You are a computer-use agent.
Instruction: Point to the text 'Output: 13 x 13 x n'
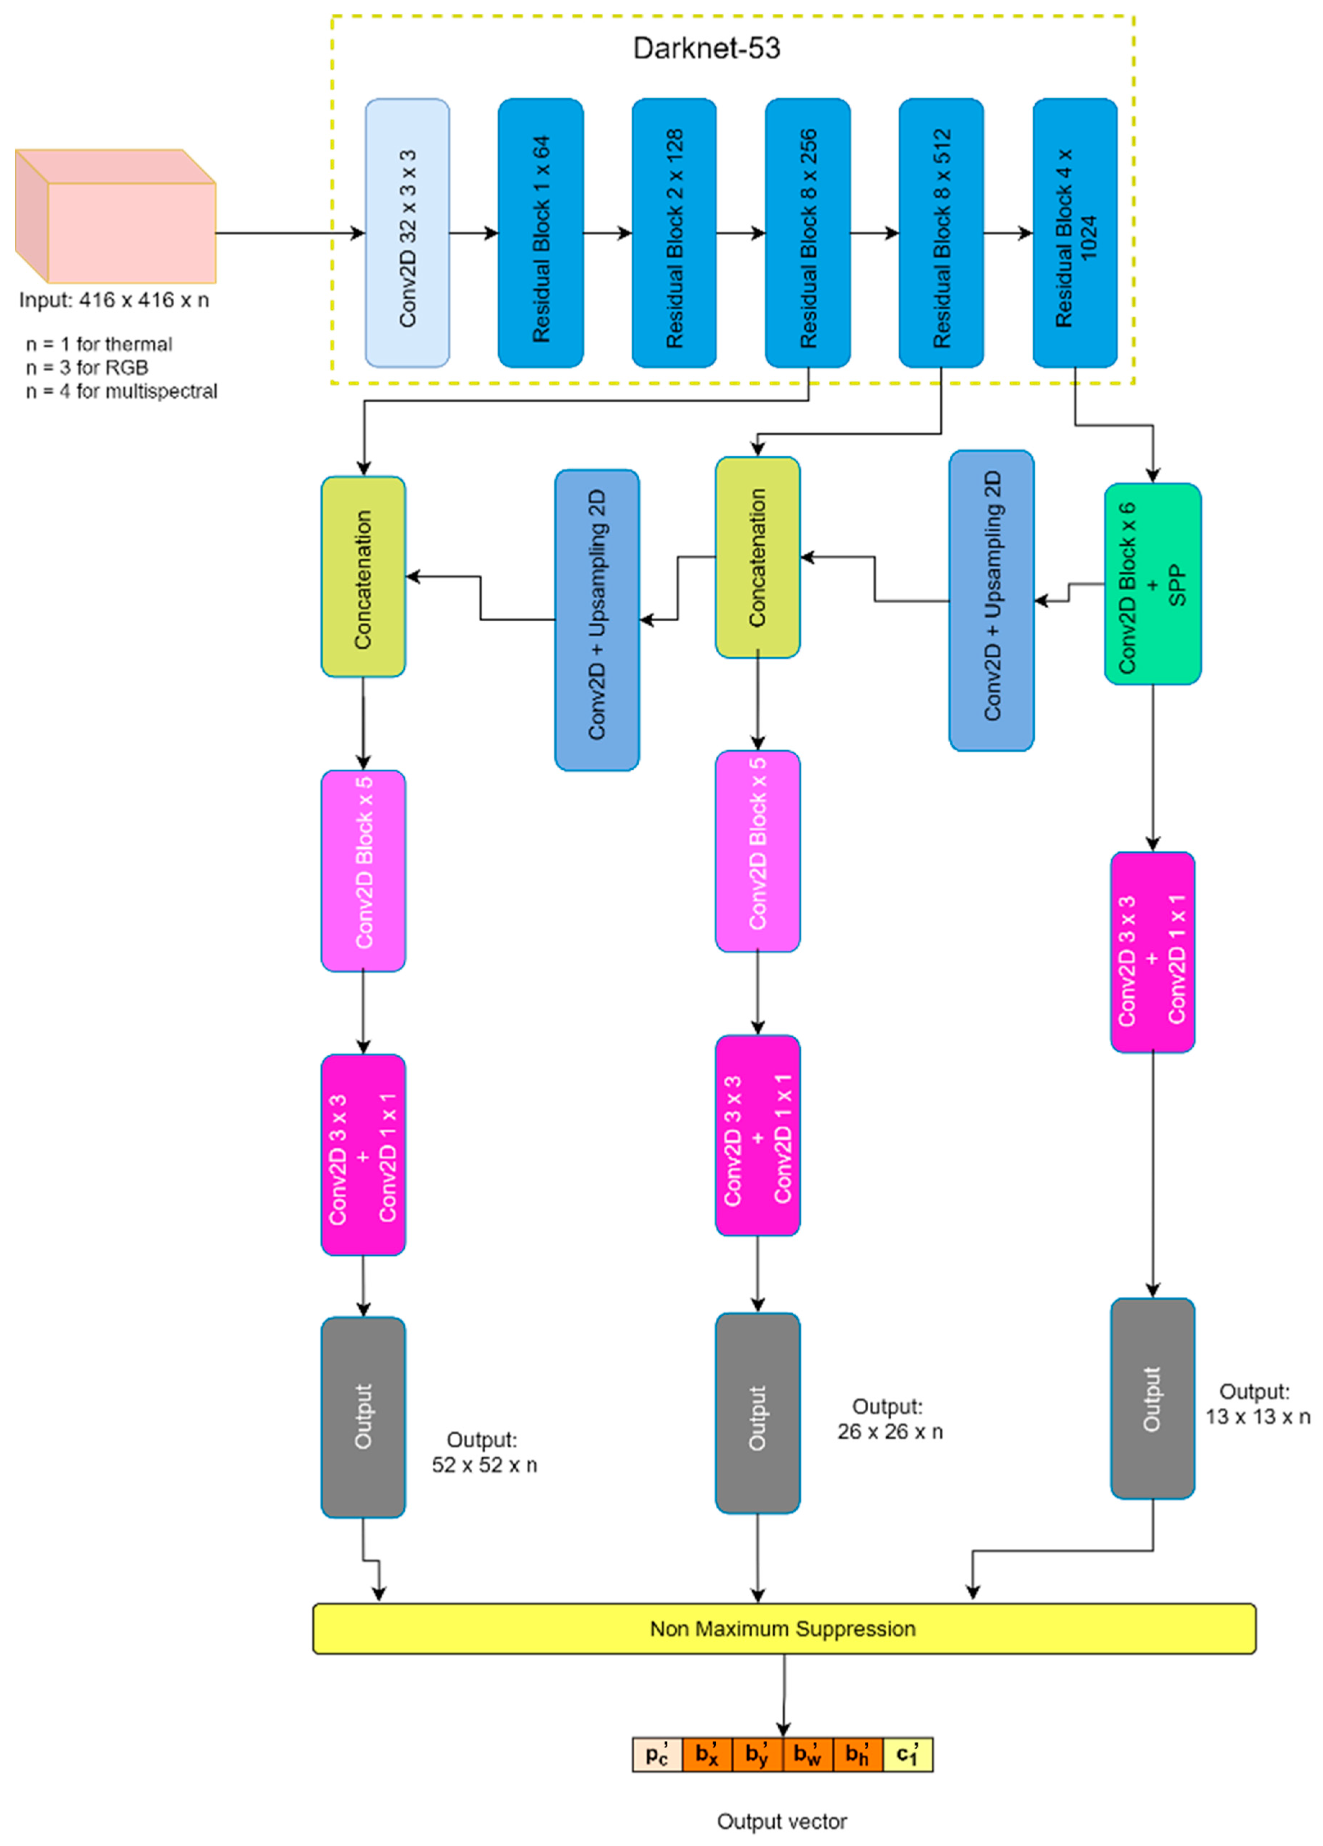click(1257, 1404)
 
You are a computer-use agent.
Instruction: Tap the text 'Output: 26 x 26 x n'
click(889, 1419)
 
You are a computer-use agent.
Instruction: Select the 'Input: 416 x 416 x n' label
click(114, 300)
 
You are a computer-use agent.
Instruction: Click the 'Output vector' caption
click(781, 1822)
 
